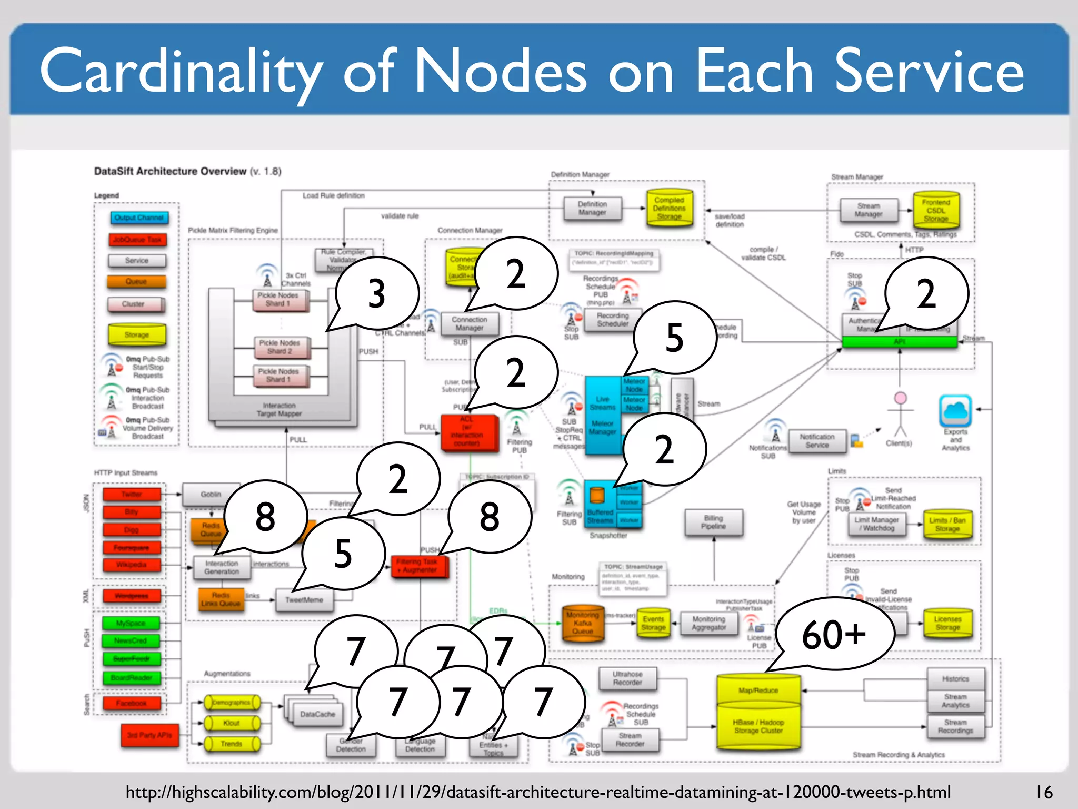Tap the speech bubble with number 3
click(x=377, y=293)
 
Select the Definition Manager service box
click(x=592, y=209)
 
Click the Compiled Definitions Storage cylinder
click(x=670, y=209)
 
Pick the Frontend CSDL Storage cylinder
click(x=936, y=210)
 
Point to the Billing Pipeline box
click(x=713, y=522)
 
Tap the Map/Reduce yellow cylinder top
click(x=758, y=689)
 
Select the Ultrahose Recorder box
click(x=627, y=678)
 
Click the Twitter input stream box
click(x=132, y=494)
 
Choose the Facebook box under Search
click(x=132, y=703)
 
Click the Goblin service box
click(x=211, y=494)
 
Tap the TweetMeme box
click(x=304, y=600)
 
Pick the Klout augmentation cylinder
click(x=232, y=723)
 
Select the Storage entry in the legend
click(x=137, y=334)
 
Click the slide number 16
click(x=1044, y=792)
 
